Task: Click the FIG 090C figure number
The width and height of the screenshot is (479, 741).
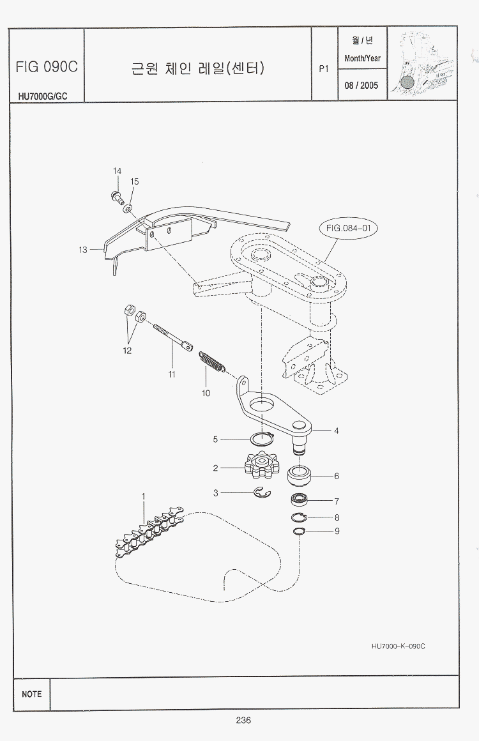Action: pos(47,66)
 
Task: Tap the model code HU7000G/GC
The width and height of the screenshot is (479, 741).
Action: pos(43,96)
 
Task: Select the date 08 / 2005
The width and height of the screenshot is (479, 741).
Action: pos(361,85)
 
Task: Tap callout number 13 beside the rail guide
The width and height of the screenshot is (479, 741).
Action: pos(83,250)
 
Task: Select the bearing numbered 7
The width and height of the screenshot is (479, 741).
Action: pos(300,500)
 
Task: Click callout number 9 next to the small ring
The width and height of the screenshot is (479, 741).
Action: pos(337,531)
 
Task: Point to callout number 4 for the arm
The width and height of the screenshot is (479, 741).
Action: pos(337,431)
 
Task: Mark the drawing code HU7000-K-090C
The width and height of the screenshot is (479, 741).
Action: pos(398,646)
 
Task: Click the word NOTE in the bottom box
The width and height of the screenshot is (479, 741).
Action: pos(31,694)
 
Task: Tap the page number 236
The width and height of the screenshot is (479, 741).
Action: pos(243,720)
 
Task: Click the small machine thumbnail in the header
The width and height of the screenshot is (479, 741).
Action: pos(422,64)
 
